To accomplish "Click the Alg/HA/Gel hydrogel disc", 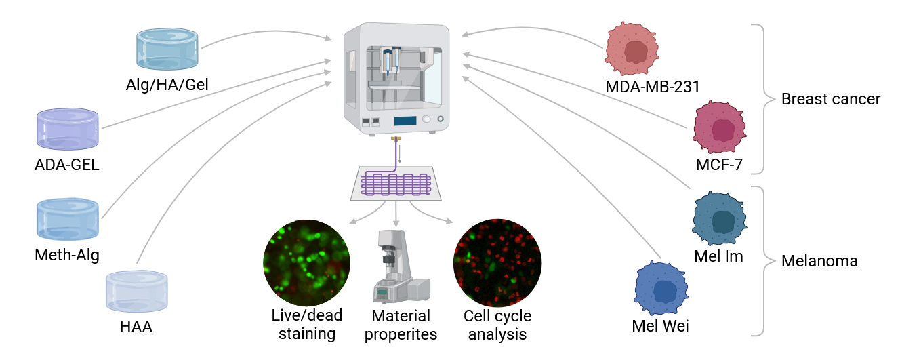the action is [x=167, y=49].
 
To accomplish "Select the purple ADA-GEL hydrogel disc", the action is [x=68, y=129].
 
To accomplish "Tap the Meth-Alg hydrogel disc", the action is [x=68, y=219].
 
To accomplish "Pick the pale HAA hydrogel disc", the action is [x=137, y=292].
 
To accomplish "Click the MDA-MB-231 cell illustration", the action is [x=632, y=49].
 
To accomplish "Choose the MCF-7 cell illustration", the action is [x=719, y=127].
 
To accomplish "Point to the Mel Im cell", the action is [x=719, y=218].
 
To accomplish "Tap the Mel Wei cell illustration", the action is [x=661, y=288].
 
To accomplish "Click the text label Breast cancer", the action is [x=830, y=99].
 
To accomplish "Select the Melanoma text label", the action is [x=819, y=261].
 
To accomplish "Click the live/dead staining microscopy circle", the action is [x=306, y=263].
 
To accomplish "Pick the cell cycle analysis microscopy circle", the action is [x=497, y=263].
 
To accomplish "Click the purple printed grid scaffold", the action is [x=396, y=184].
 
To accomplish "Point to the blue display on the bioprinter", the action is [x=405, y=121].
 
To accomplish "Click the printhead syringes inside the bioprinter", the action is [x=391, y=61].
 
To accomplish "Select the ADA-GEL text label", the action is [x=67, y=165].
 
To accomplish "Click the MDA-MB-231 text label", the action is [x=653, y=87].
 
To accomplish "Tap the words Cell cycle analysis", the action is [x=497, y=325].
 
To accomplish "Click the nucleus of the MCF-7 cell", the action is [x=723, y=130].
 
